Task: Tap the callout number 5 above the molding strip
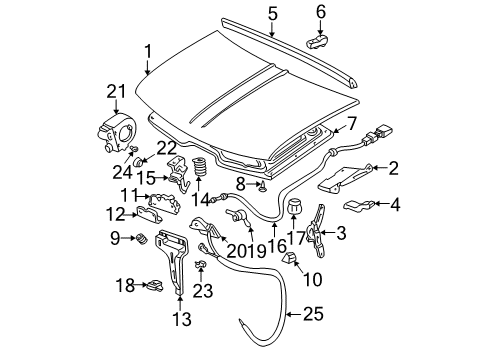tap(273, 13)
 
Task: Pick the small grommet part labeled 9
tap(141, 239)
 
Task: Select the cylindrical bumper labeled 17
tap(294, 208)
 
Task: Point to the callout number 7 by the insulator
tap(352, 124)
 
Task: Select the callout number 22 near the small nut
tap(166, 147)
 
